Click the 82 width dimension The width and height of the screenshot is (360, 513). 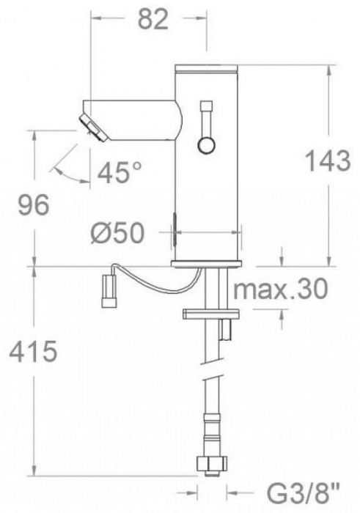(x=153, y=20)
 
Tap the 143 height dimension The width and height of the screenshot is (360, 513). (x=328, y=160)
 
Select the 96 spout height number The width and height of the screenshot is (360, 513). (x=34, y=204)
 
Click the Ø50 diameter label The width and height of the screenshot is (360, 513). (x=118, y=233)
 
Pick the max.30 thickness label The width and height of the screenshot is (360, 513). (x=281, y=289)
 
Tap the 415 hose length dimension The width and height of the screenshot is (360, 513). (x=33, y=352)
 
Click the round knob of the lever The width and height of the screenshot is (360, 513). (x=206, y=145)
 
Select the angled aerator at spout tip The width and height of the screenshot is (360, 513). (x=93, y=128)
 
